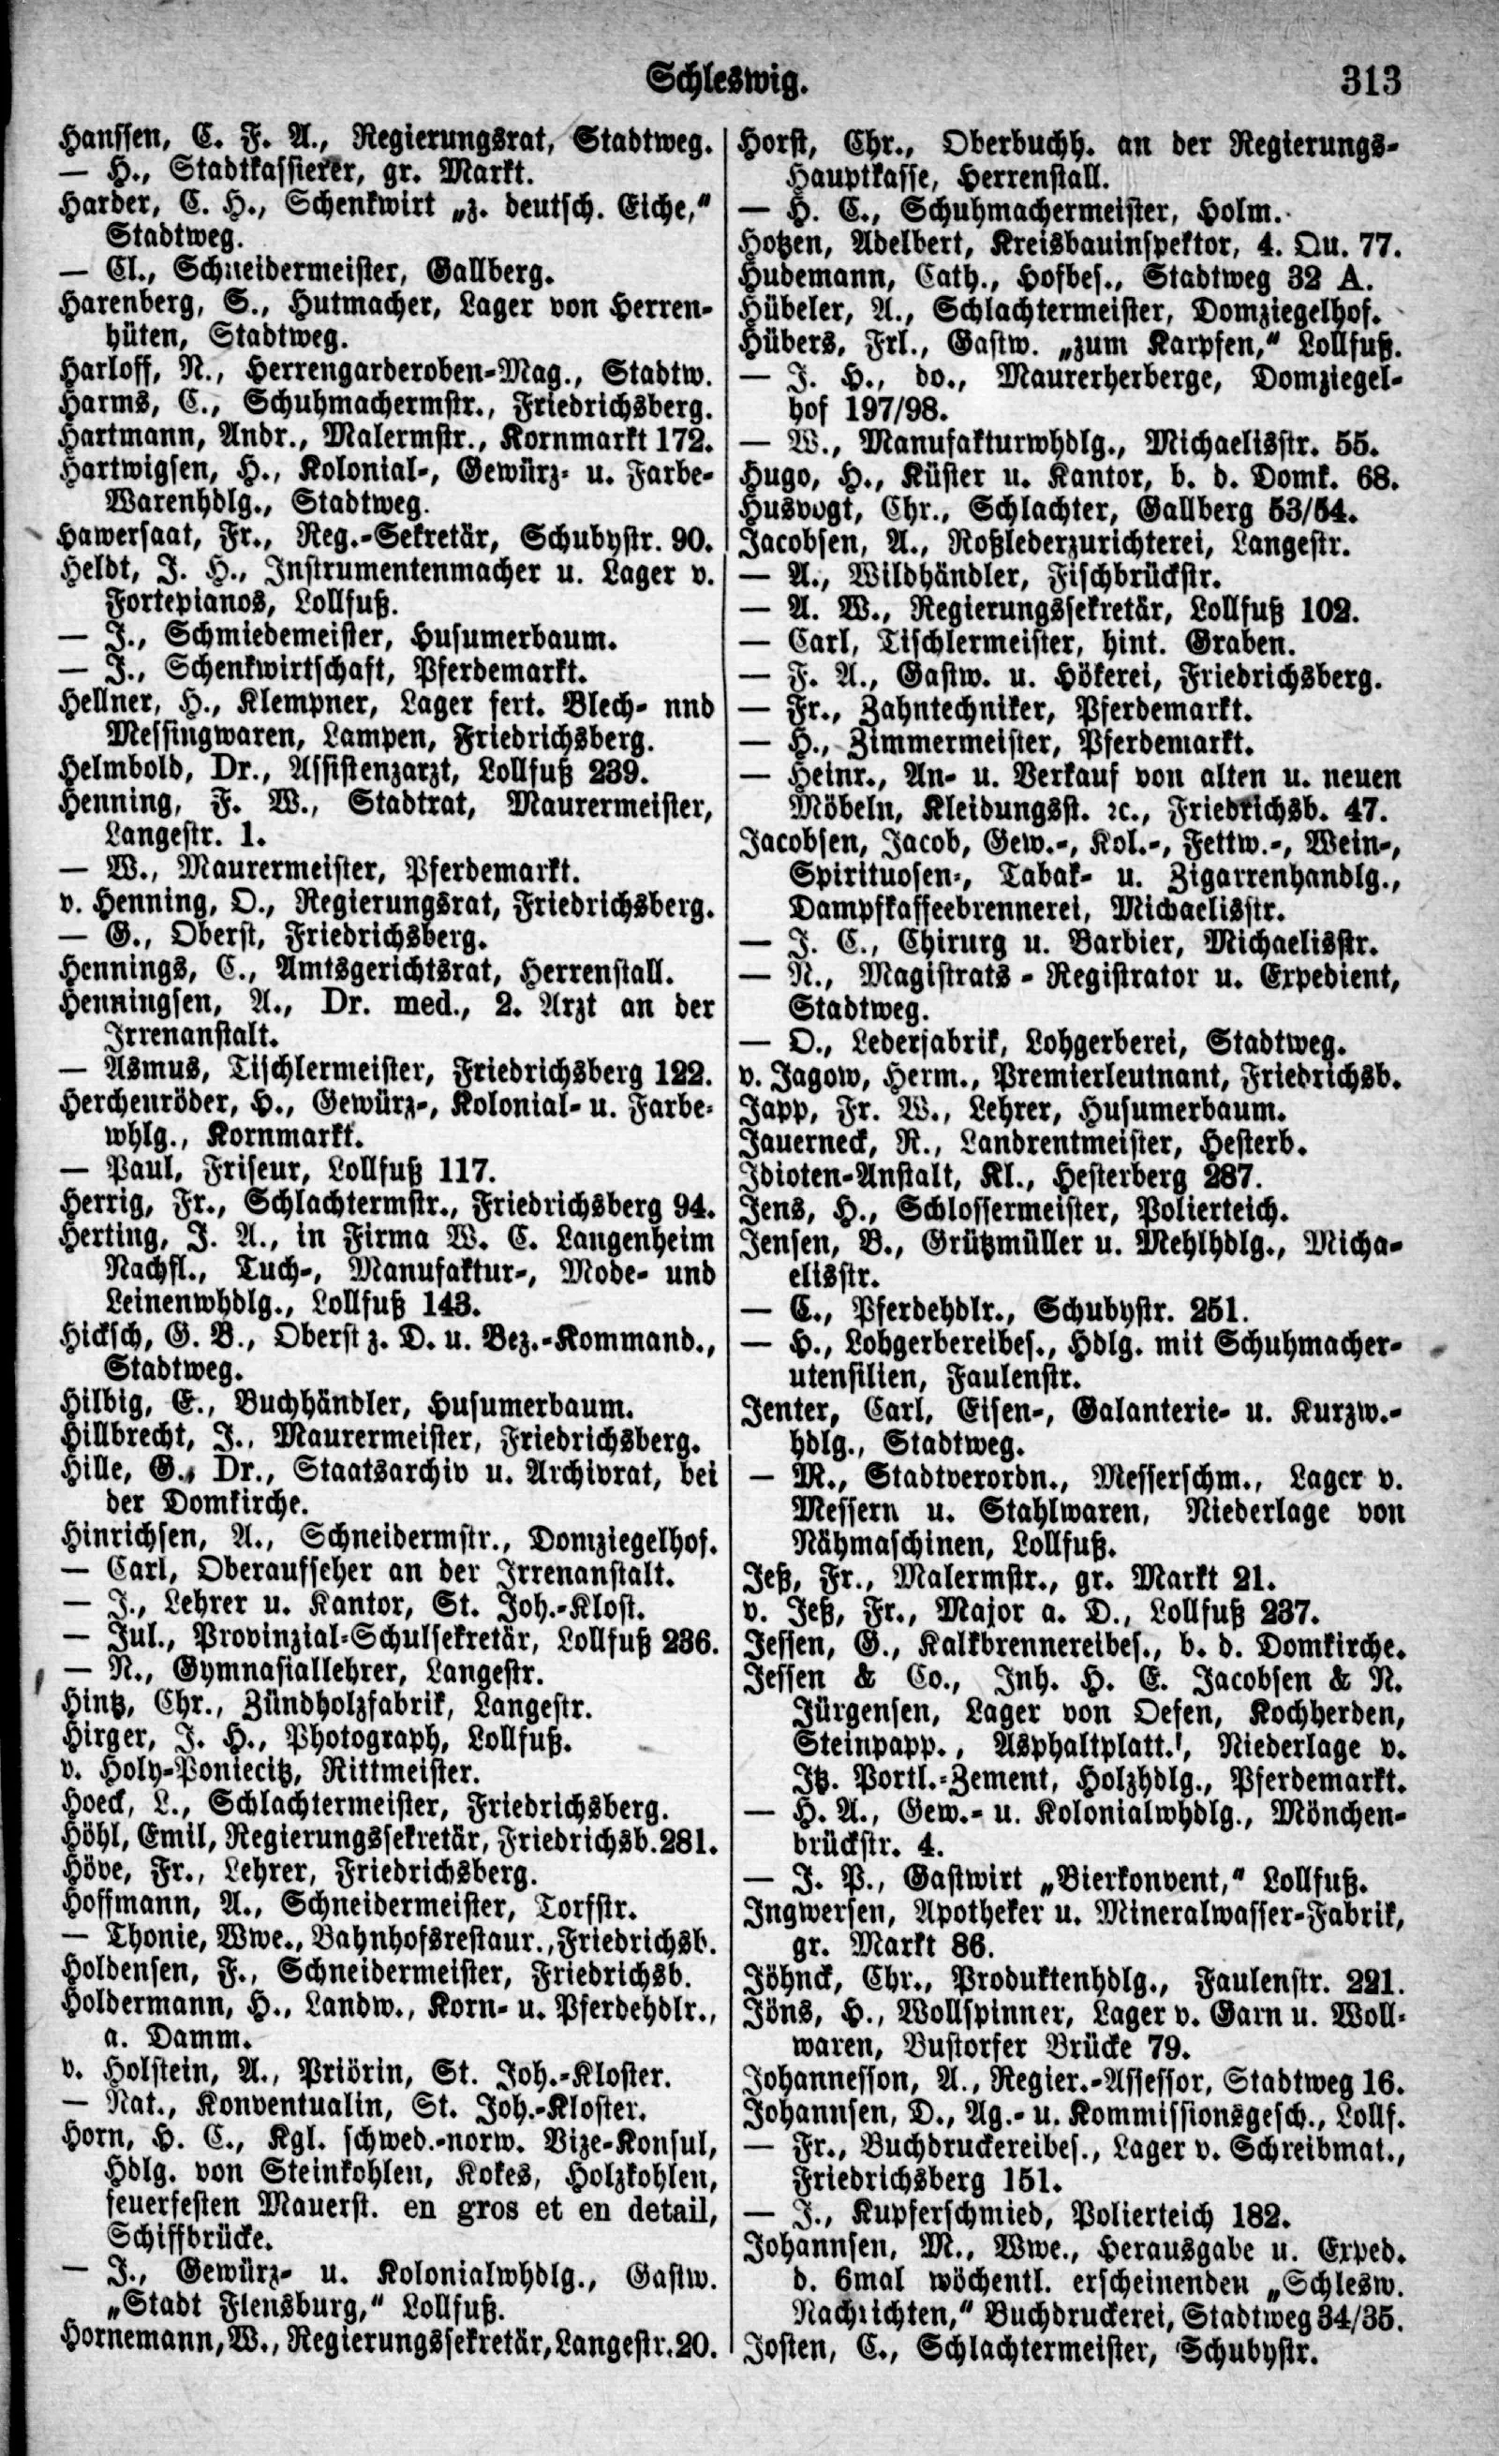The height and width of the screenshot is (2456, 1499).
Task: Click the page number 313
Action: tap(1371, 79)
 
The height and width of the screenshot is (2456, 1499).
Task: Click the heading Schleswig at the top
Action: tap(724, 81)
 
